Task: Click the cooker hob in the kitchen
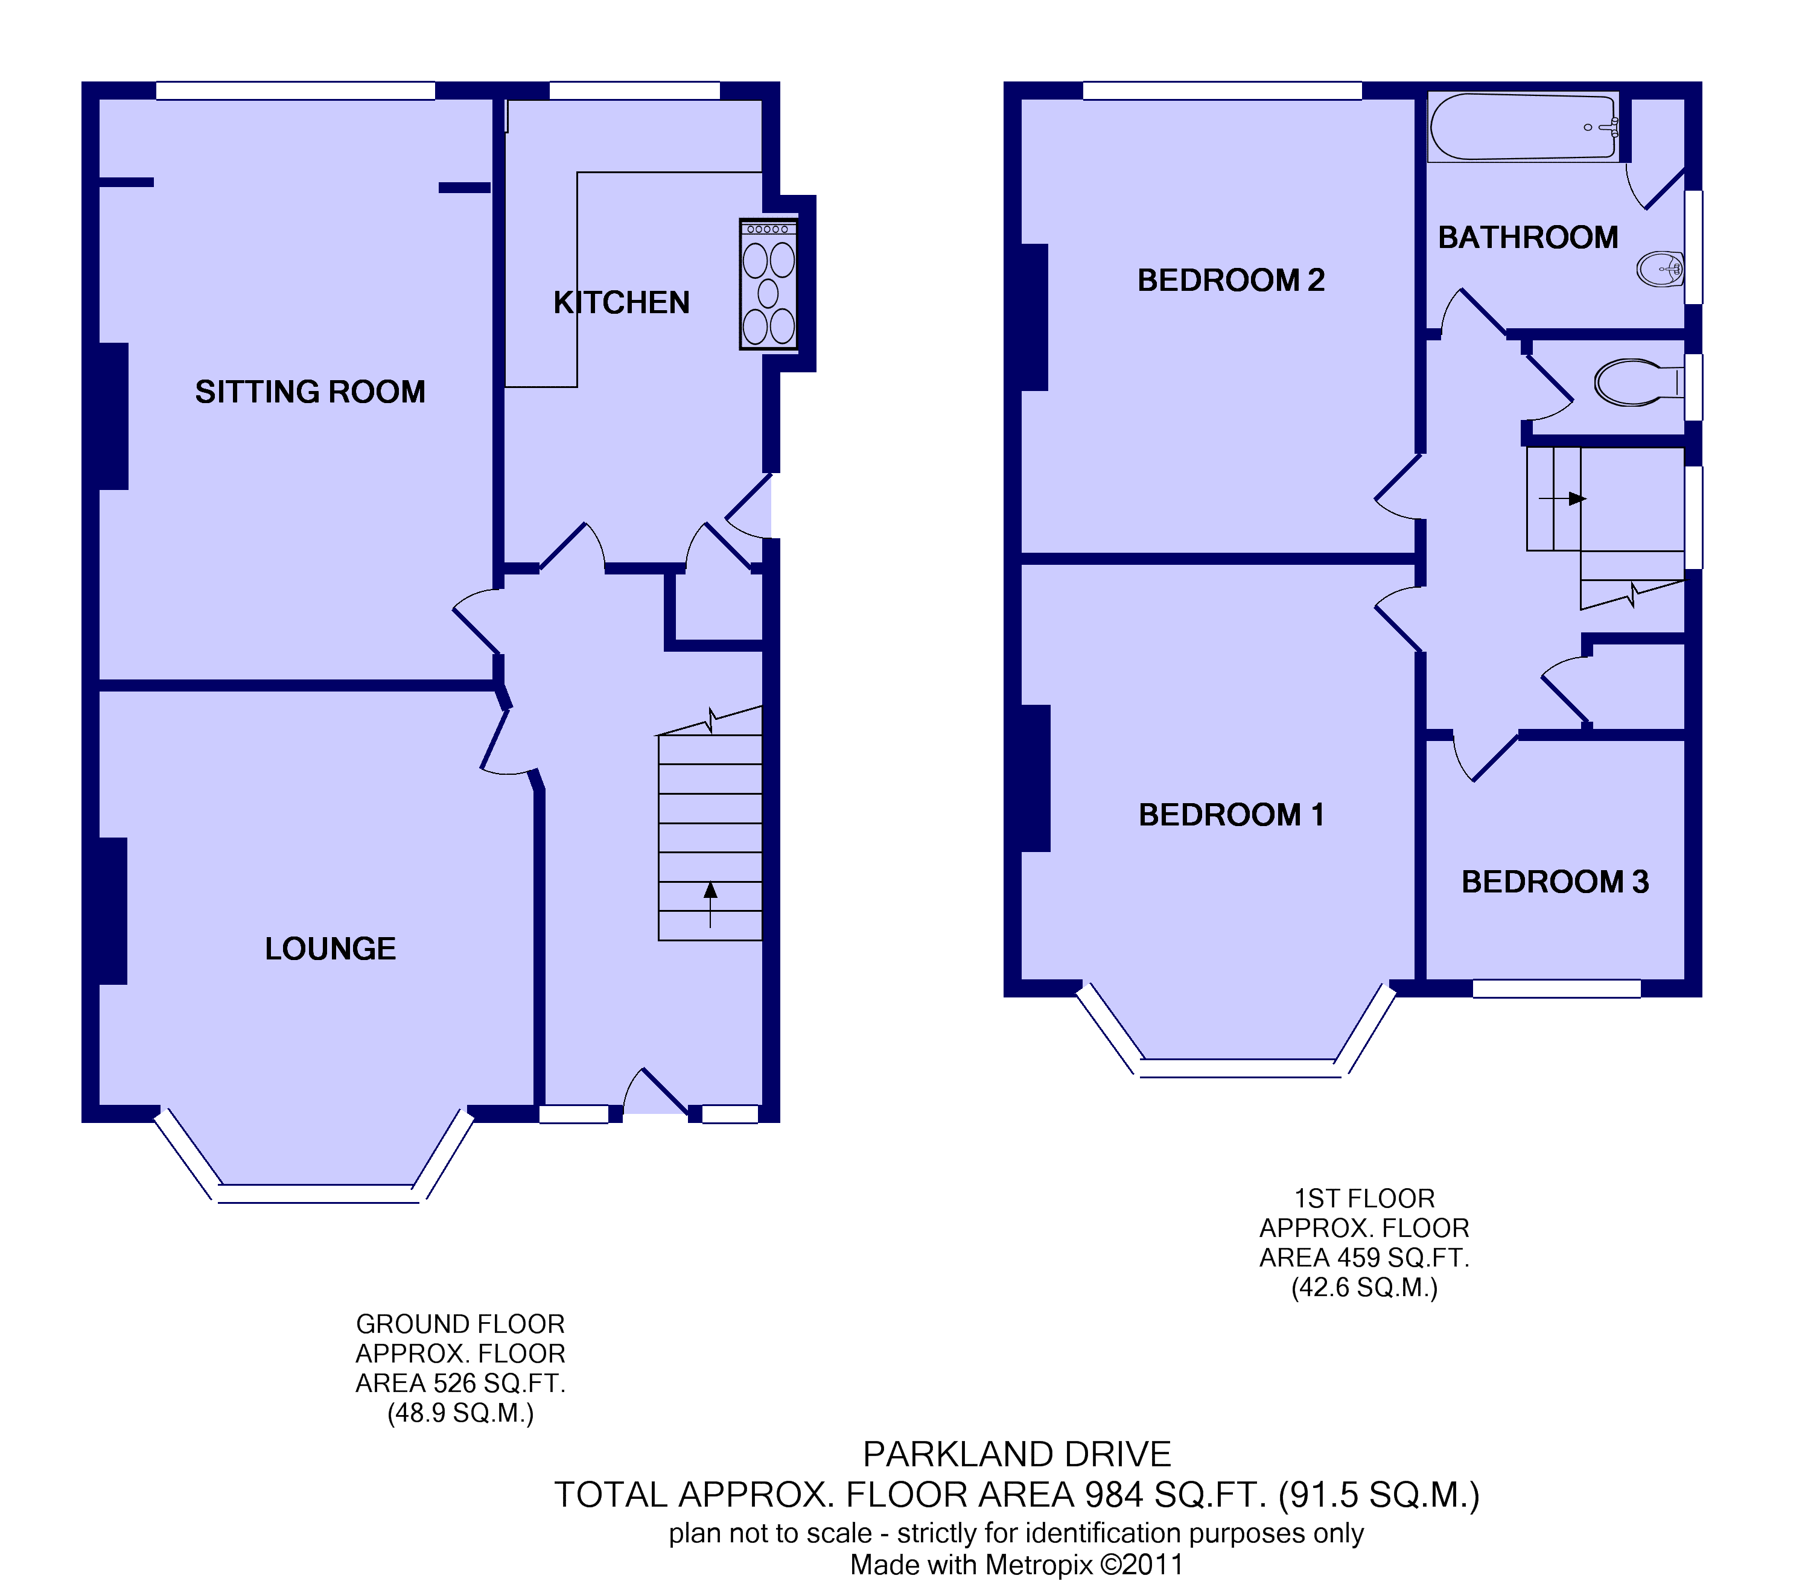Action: pos(769,285)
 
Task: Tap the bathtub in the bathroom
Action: pos(1523,127)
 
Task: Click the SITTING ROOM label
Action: pos(310,392)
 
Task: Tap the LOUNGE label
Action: pos(330,949)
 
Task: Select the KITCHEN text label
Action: pos(621,302)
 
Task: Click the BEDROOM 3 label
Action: pos(1555,882)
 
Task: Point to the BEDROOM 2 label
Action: pos(1230,281)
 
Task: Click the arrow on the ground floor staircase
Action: pos(710,903)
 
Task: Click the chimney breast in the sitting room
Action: pos(113,416)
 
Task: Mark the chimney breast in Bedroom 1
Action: pos(1035,778)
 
